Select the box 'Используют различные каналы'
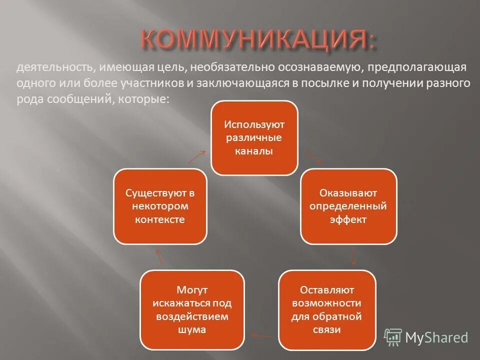(254, 138)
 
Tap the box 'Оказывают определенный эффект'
(348, 206)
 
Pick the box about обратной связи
(326, 310)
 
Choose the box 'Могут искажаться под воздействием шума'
(192, 310)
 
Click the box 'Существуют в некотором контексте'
(160, 206)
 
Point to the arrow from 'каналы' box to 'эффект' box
(313, 156)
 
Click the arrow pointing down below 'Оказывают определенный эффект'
(353, 257)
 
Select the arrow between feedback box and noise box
(261, 336)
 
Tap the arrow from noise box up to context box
(159, 257)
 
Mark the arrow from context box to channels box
(196, 156)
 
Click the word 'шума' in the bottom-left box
(192, 329)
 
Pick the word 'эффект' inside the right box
(348, 219)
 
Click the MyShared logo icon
(393, 337)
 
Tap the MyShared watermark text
(436, 338)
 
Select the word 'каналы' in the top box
(254, 151)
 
